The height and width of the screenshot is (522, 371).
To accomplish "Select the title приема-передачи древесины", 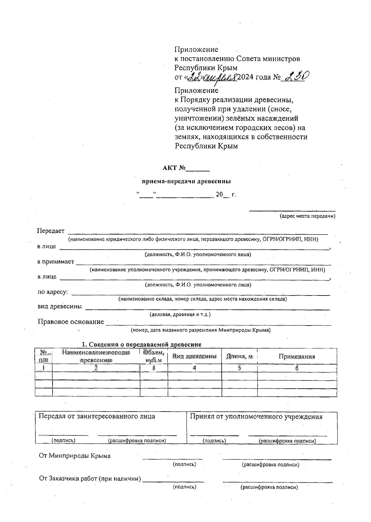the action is (x=186, y=181).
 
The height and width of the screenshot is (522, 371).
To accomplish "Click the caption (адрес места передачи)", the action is (x=307, y=216).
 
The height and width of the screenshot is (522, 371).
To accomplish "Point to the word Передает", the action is (x=51, y=231).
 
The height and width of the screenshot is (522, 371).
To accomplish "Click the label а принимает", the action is (x=56, y=261).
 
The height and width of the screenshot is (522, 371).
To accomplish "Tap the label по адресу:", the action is (x=53, y=292).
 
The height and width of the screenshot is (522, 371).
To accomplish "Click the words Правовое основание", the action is (x=71, y=321).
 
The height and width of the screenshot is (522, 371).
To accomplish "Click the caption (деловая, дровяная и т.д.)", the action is (x=180, y=314).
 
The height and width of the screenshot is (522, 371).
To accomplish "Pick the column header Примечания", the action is (x=297, y=356).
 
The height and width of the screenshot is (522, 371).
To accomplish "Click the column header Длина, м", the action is (x=239, y=356).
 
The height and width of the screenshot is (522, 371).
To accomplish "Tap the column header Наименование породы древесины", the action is (x=96, y=356).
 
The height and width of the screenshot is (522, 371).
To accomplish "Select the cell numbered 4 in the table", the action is (x=194, y=368).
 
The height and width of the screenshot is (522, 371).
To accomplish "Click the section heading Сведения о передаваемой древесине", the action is (x=141, y=344).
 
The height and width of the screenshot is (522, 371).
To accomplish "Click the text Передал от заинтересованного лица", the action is (x=96, y=416).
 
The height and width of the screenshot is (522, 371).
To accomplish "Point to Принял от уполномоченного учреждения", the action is (x=256, y=416).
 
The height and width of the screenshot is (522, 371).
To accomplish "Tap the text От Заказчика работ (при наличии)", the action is (x=90, y=479).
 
